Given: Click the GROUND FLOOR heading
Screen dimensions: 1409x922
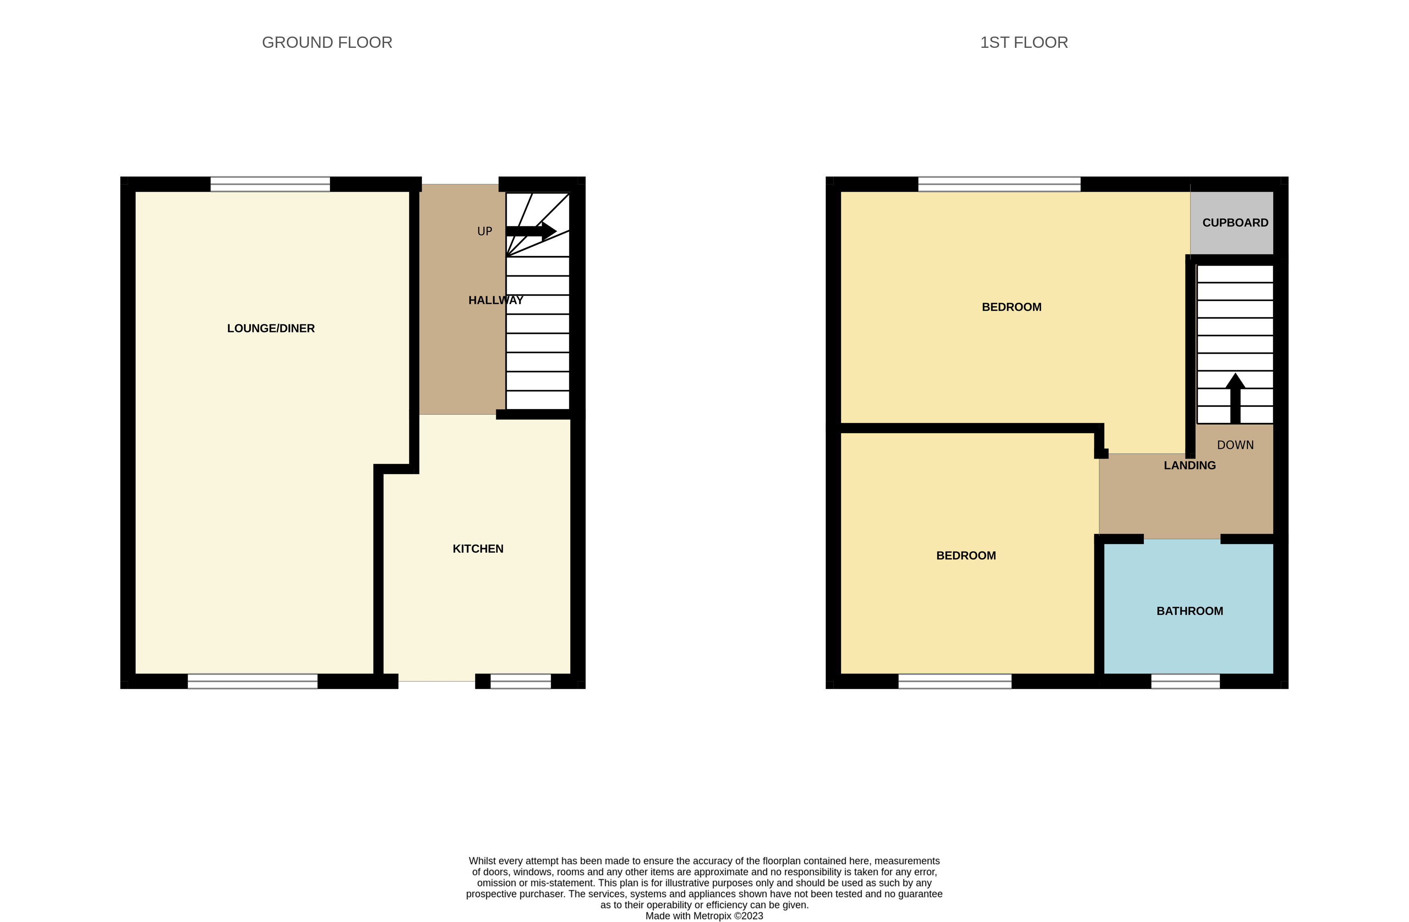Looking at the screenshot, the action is tap(327, 43).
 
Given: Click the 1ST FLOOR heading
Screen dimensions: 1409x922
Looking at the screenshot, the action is tap(1024, 43).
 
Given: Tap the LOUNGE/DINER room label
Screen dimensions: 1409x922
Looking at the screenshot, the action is tap(270, 328).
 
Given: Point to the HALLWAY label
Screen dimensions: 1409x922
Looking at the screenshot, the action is tap(495, 300).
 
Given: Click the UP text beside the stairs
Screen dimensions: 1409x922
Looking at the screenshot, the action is tap(484, 232).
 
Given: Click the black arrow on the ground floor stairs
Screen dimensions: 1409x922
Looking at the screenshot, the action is tap(531, 231).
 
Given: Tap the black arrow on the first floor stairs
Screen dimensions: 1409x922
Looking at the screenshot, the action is tap(1235, 398).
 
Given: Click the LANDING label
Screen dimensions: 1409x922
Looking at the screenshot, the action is tap(1189, 465).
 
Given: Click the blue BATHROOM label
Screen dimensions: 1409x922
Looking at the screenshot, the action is tap(1189, 611).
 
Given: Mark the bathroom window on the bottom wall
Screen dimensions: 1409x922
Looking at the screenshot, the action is tap(1185, 682).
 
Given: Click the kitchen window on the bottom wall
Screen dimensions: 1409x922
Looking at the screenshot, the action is tap(520, 682).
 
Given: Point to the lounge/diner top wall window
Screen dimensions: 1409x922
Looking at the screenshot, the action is tap(270, 184).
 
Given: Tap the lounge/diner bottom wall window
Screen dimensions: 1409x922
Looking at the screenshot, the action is tap(253, 682).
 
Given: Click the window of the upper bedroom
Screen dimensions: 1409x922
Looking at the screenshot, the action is tap(999, 184).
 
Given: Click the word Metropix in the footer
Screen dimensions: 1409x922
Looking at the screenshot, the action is tap(712, 916).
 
